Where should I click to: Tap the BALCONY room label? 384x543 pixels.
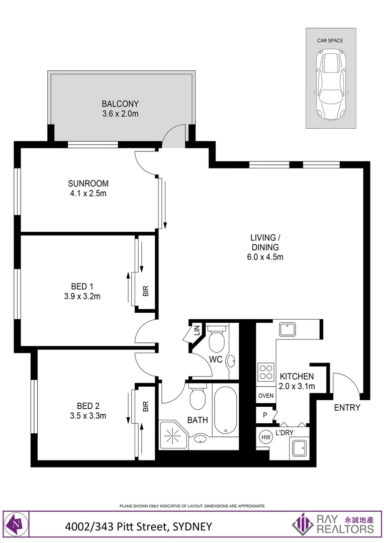click(120, 104)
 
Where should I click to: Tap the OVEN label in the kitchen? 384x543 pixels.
click(266, 396)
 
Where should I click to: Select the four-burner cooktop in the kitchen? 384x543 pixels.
click(265, 373)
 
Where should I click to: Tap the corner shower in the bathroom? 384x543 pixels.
click(172, 435)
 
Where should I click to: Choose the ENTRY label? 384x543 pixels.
click(347, 408)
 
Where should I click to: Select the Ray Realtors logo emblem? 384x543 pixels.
click(303, 524)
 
